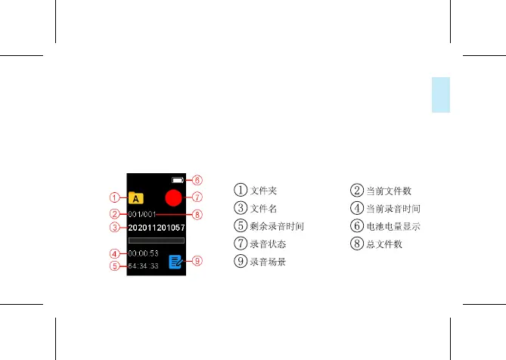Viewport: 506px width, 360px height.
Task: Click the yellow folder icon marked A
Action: point(135,198)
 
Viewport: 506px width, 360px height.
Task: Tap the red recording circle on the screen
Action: point(174,199)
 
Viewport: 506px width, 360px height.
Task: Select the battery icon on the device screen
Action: point(178,181)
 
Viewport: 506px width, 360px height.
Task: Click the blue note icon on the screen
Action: point(175,262)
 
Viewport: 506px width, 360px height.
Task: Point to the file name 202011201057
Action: point(157,227)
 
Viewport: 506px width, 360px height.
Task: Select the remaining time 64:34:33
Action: point(143,266)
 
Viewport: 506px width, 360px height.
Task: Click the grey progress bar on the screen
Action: point(157,241)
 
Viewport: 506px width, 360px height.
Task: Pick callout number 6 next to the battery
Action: point(197,181)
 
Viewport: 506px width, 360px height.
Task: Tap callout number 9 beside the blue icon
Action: point(197,262)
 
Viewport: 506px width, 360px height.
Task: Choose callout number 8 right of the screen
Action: point(197,215)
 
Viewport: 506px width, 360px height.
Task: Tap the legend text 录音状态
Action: point(269,244)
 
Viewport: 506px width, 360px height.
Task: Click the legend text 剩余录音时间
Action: point(278,225)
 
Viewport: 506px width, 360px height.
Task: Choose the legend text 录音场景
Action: point(269,262)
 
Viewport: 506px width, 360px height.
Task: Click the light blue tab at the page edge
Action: point(440,95)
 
